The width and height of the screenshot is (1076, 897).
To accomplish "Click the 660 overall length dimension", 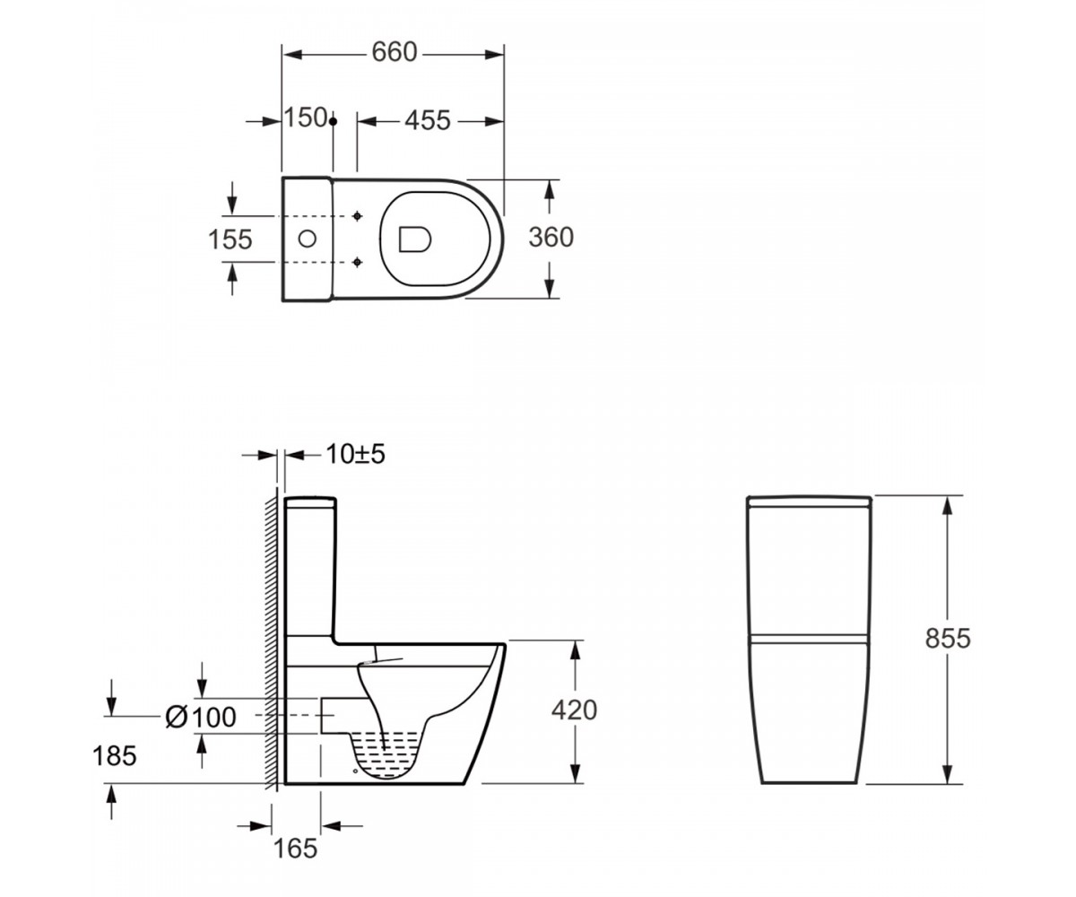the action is [x=395, y=53].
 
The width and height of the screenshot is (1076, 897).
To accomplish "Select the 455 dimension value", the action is [x=427, y=121].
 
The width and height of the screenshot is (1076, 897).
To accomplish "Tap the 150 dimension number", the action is [x=305, y=118].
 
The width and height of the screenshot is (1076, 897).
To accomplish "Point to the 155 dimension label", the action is [x=230, y=239].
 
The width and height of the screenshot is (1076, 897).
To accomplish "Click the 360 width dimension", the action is [x=551, y=238].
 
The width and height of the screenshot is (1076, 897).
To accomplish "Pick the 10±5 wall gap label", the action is [x=356, y=454].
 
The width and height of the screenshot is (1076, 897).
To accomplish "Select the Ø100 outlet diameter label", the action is [x=201, y=717].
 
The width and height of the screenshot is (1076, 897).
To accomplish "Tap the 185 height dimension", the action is [x=115, y=756].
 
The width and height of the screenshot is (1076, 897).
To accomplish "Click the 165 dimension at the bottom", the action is [x=295, y=848].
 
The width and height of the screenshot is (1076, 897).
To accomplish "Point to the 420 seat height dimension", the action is [x=574, y=710].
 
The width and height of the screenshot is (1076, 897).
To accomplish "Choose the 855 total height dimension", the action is [x=948, y=638].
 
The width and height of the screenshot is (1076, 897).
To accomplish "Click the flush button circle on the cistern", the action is [x=308, y=239].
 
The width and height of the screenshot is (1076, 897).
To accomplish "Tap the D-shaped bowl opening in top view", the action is [x=415, y=239].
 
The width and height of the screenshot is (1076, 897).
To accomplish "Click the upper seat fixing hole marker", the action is [x=357, y=216].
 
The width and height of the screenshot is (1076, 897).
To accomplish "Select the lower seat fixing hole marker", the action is [x=357, y=263].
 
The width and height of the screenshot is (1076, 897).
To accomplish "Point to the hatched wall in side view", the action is [x=272, y=640].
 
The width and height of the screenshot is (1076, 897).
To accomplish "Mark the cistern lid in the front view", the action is [x=809, y=501].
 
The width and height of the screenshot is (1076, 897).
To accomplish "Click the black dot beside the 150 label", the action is [x=333, y=122].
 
